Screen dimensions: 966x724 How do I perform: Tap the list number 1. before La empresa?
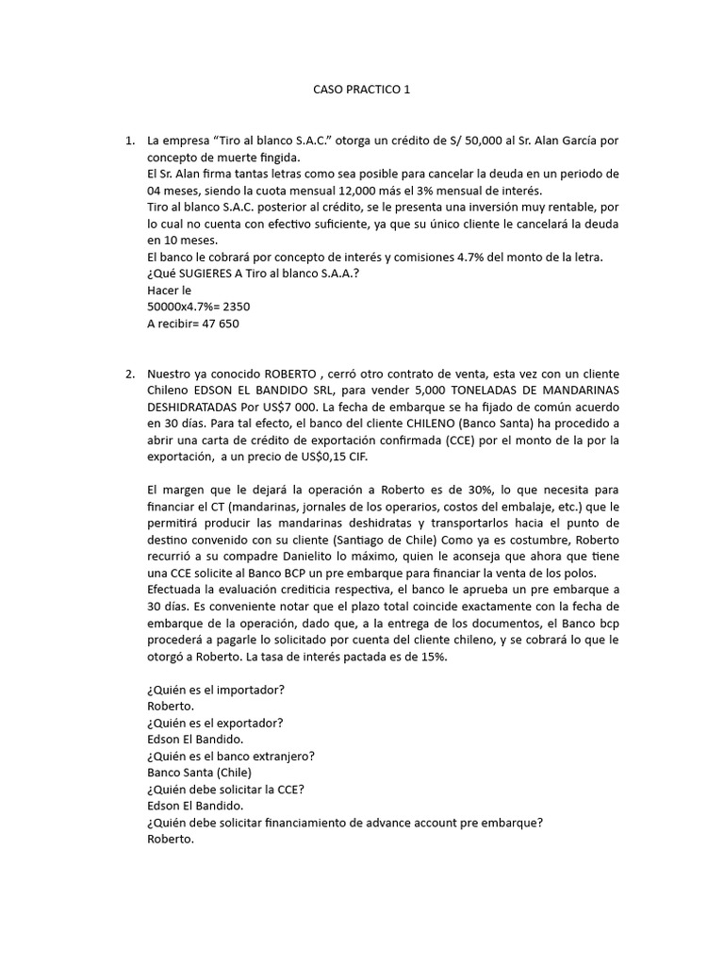pos(130,141)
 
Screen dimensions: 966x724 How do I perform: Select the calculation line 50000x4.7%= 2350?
pos(199,307)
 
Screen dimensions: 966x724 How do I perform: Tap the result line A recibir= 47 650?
pos(193,324)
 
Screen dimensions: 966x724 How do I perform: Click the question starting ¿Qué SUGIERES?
pos(254,274)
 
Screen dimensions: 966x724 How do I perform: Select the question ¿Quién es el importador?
pos(216,690)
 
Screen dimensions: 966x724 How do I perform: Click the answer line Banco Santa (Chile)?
pos(200,772)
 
